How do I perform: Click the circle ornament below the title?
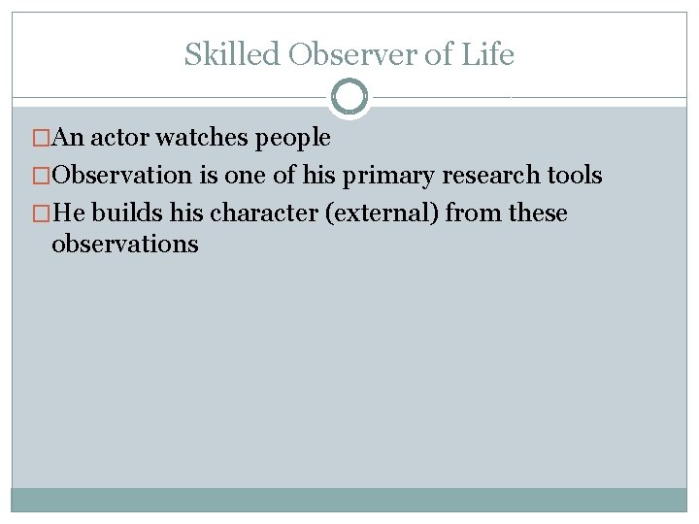point(349,97)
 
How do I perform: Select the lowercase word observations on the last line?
point(124,244)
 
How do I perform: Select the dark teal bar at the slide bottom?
point(349,499)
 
